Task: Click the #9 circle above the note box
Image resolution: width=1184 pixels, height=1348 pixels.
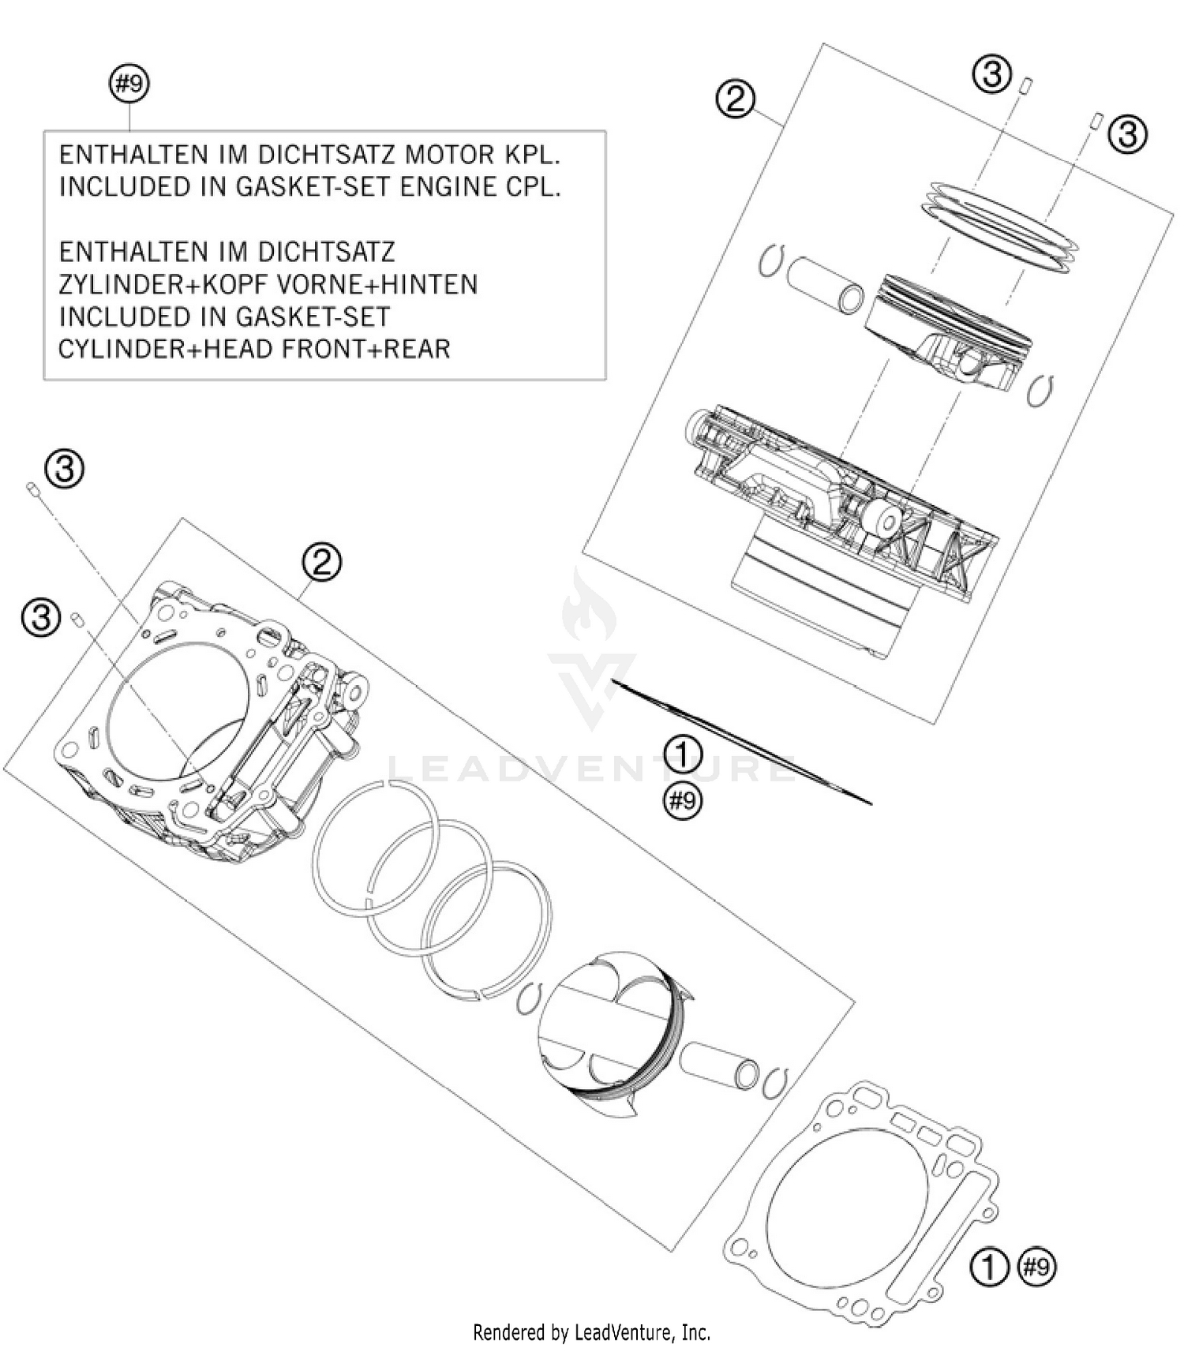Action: click(129, 84)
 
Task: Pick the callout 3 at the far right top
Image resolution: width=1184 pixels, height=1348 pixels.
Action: click(1127, 134)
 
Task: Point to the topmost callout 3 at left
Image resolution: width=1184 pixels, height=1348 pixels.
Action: click(65, 470)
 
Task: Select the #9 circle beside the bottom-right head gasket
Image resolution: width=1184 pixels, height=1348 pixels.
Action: click(1036, 1267)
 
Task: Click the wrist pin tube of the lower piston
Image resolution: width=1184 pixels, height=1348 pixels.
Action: click(718, 1065)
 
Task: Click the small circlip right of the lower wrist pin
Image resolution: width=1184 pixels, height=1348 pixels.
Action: click(778, 1082)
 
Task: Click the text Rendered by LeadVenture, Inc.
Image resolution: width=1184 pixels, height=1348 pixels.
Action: click(591, 1333)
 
